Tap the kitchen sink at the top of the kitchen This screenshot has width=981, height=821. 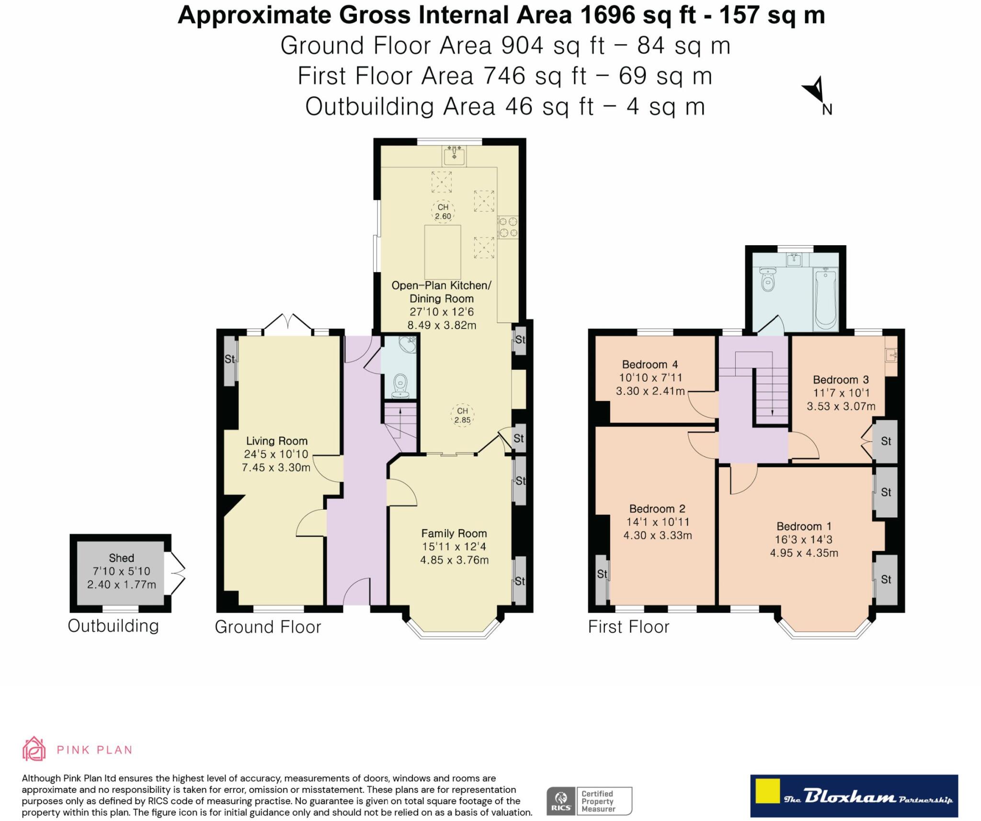tap(454, 156)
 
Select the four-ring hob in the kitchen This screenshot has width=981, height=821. tap(508, 228)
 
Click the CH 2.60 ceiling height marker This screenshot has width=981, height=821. tap(443, 212)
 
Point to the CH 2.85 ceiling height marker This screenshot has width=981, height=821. tap(462, 415)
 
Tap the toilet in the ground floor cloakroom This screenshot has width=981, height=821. tap(400, 386)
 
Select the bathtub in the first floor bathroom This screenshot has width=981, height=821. tap(825, 298)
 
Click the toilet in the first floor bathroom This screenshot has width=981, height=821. tap(767, 279)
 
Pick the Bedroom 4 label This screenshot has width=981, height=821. tap(650, 365)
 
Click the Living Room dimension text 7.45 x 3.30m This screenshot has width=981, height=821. tap(276, 468)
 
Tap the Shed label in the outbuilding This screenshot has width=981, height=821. tap(121, 558)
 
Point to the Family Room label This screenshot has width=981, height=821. tap(454, 534)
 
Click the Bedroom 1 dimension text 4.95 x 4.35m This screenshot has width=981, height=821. tap(804, 553)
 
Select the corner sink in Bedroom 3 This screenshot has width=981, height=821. tap(891, 356)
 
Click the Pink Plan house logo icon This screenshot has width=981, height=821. tap(34, 749)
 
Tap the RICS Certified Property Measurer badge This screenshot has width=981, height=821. tap(589, 801)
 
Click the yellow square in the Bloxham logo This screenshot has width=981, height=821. tap(767, 791)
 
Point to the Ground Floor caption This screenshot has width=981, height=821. tap(268, 627)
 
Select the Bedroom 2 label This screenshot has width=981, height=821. tap(657, 509)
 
